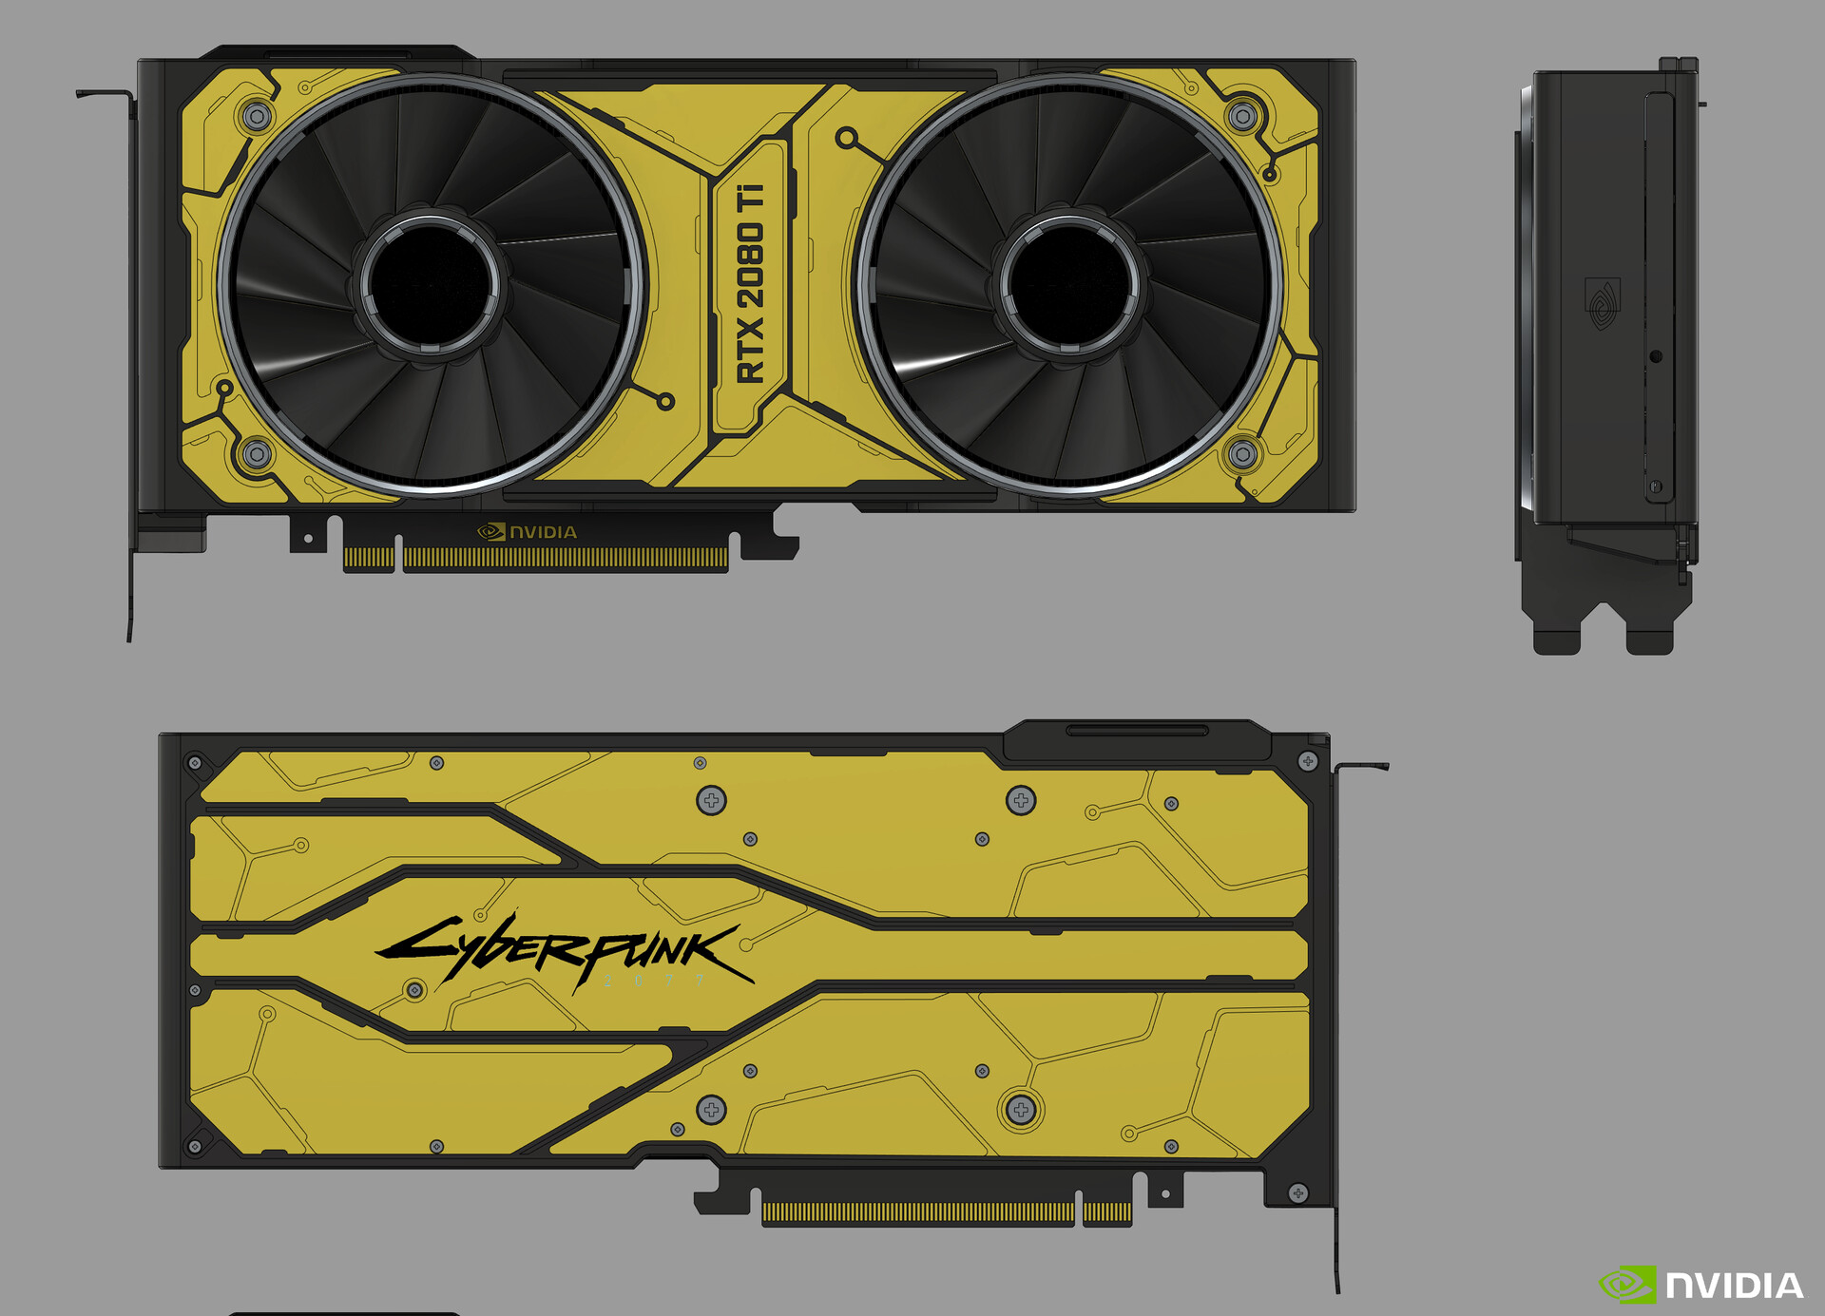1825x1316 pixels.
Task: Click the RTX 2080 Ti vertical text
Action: [750, 283]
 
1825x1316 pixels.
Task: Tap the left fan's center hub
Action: [431, 283]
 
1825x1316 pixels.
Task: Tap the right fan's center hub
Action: [1070, 283]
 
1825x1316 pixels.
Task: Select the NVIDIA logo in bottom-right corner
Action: [1701, 1285]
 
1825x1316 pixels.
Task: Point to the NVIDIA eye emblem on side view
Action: [1603, 303]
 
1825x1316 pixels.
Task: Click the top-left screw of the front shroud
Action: [257, 117]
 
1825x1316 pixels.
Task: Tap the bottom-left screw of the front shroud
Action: [257, 453]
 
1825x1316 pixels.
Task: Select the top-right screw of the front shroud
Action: [1242, 117]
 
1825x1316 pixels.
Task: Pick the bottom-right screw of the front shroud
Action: [1242, 453]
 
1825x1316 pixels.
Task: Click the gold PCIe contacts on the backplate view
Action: [917, 1211]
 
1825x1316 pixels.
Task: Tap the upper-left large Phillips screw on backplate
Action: [711, 800]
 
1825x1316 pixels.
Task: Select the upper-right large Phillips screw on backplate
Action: [1021, 800]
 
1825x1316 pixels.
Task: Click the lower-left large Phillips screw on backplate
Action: [711, 1109]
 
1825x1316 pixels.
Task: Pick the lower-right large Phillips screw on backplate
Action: [1021, 1109]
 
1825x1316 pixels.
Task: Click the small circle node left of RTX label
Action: [665, 402]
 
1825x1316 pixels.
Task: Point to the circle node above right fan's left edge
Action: [845, 138]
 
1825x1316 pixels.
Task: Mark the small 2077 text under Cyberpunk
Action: [655, 980]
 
